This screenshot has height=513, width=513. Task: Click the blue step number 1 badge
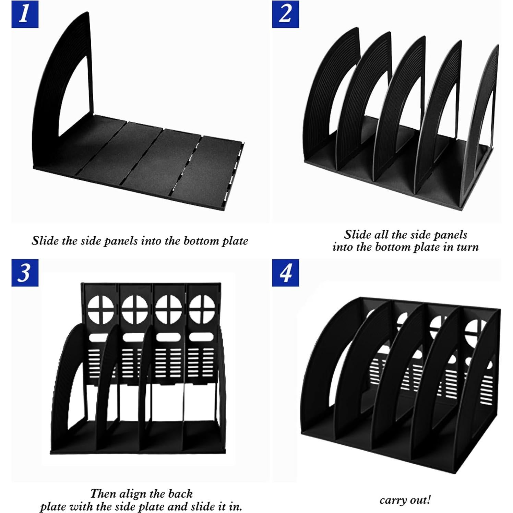point(25,14)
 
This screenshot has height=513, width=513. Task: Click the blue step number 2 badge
point(285,14)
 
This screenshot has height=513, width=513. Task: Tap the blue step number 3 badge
point(25,273)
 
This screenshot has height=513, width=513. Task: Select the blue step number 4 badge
point(285,273)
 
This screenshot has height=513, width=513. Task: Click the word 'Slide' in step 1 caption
point(45,241)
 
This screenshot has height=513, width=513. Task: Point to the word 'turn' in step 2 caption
point(467,247)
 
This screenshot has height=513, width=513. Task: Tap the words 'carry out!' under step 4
point(405,500)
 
